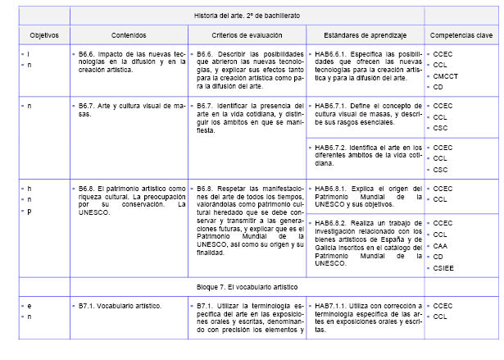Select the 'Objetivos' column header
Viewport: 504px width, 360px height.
pyautogui.click(x=38, y=35)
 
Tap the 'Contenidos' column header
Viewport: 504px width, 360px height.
pyautogui.click(x=128, y=35)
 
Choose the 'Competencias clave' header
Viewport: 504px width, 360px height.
pyautogui.click(x=461, y=35)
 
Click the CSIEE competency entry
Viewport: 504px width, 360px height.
pyautogui.click(x=445, y=267)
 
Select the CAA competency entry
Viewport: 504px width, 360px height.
pyautogui.click(x=442, y=245)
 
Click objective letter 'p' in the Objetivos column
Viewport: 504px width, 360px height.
pyautogui.click(x=30, y=210)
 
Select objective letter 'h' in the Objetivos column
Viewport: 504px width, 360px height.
pyautogui.click(x=30, y=188)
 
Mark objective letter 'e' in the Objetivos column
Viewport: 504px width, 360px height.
pyautogui.click(x=30, y=305)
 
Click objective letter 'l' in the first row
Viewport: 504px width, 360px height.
pyautogui.click(x=30, y=53)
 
